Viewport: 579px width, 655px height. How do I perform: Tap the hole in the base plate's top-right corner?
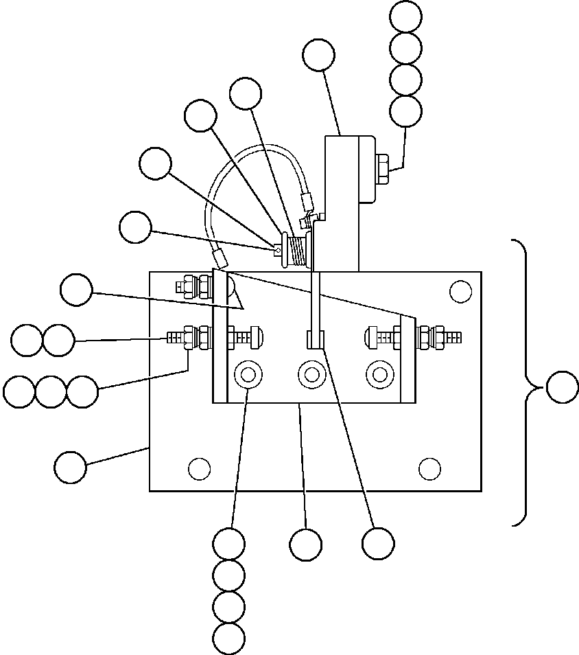[x=460, y=291]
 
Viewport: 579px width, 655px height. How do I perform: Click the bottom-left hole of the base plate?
[x=199, y=469]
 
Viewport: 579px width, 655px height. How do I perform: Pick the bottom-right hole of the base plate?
[x=429, y=469]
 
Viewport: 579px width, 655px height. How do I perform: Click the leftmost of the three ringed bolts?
[x=247, y=375]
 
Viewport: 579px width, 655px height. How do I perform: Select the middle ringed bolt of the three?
[x=311, y=375]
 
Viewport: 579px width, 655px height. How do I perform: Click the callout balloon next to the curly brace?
[x=563, y=388]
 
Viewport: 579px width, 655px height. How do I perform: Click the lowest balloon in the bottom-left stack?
[x=228, y=639]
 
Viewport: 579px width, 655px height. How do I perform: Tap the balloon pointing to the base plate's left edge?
[x=70, y=468]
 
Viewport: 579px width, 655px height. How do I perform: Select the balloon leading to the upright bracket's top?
[x=318, y=55]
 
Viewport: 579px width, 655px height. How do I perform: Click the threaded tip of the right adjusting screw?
[x=453, y=337]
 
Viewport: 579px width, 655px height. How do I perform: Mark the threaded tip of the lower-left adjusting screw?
[x=176, y=337]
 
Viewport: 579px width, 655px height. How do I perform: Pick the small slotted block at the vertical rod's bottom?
[x=315, y=339]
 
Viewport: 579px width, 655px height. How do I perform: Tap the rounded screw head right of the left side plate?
[x=255, y=337]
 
